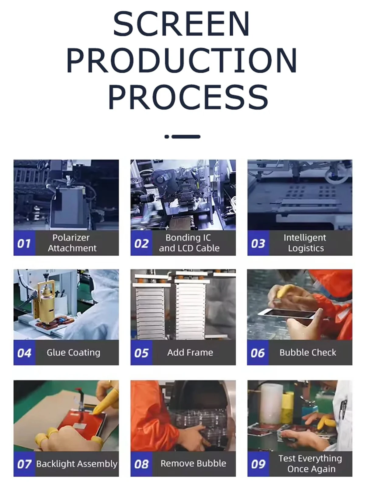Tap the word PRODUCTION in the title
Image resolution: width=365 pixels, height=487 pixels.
182,60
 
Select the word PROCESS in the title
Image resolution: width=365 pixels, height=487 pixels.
188,97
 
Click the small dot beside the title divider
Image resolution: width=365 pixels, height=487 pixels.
167,137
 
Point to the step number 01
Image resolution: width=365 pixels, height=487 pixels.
24,243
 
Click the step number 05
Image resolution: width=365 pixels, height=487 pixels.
141,353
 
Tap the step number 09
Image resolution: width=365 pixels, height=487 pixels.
258,464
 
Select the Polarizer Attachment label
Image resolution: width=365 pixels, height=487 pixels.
72,243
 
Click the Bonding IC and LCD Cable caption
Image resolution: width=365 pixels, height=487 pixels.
189,243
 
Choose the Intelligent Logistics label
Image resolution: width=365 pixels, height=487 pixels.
305,243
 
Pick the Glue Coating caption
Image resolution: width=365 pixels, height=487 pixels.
73,352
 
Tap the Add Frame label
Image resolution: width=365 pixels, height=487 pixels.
190,352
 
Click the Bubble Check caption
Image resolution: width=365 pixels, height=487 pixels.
308,352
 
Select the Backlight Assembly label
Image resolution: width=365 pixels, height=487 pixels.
77,464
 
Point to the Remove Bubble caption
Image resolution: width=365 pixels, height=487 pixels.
193,464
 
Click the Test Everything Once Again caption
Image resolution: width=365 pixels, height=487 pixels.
310,464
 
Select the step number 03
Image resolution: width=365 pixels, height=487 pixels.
258,243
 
